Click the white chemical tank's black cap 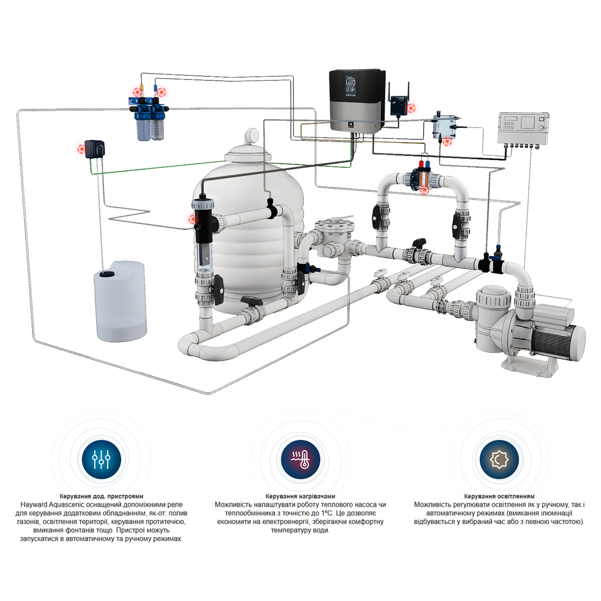click(x=107, y=274)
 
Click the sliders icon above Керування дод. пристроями click(x=101, y=459)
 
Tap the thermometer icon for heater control click(x=300, y=459)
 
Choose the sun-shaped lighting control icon click(x=499, y=459)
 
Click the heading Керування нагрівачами click(x=300, y=496)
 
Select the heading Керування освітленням click(x=499, y=496)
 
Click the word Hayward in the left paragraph click(x=34, y=505)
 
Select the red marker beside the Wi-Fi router click(x=412, y=109)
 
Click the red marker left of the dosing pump click(x=82, y=149)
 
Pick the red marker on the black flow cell click(x=193, y=219)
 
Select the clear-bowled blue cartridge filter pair click(x=148, y=119)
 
